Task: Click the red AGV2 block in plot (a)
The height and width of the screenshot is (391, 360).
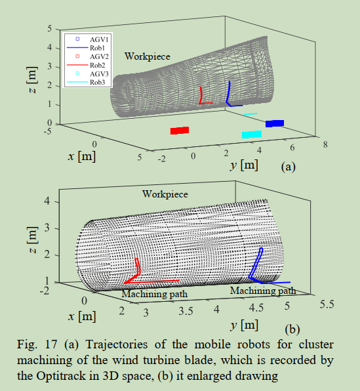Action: (180, 131)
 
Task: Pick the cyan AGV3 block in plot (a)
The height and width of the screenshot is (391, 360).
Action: (252, 134)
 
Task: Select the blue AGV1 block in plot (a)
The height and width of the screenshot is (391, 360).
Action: (275, 123)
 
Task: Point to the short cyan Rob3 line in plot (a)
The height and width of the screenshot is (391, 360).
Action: (250, 114)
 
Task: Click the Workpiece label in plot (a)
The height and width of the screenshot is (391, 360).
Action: (148, 56)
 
